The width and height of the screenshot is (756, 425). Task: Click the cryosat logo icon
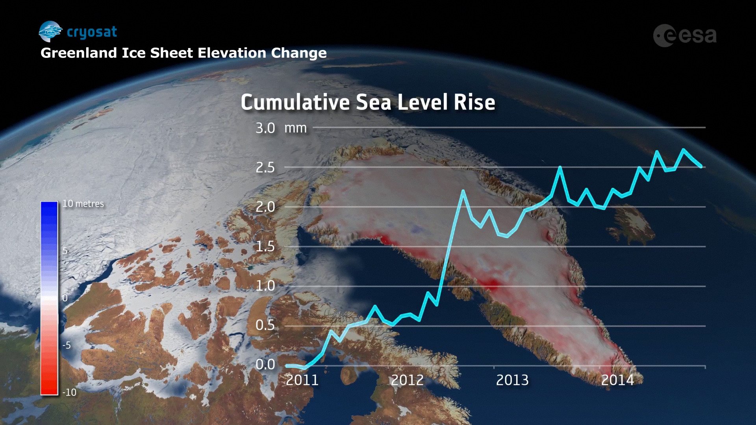pos(50,31)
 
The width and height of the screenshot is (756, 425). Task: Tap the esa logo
pos(685,35)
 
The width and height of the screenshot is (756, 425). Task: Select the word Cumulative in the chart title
pos(295,102)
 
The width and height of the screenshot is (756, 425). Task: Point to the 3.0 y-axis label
pos(265,128)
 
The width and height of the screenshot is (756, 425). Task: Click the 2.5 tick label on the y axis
pos(265,168)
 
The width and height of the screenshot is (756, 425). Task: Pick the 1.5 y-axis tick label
pos(265,247)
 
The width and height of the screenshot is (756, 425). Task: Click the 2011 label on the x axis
pos(302,380)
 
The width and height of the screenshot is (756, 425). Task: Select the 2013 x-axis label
pos(512,380)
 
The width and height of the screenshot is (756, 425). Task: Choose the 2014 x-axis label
pos(617,380)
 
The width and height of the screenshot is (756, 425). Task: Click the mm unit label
pos(295,128)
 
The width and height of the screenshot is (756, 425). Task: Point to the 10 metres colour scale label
pos(83,204)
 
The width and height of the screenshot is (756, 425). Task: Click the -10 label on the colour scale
pos(69,392)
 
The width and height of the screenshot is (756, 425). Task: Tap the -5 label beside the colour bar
pos(67,345)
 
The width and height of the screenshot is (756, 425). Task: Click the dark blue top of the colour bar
pos(49,209)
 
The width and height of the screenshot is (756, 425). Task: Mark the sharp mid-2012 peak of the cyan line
pos(463,192)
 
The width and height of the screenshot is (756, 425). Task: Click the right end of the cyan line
pos(701,167)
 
